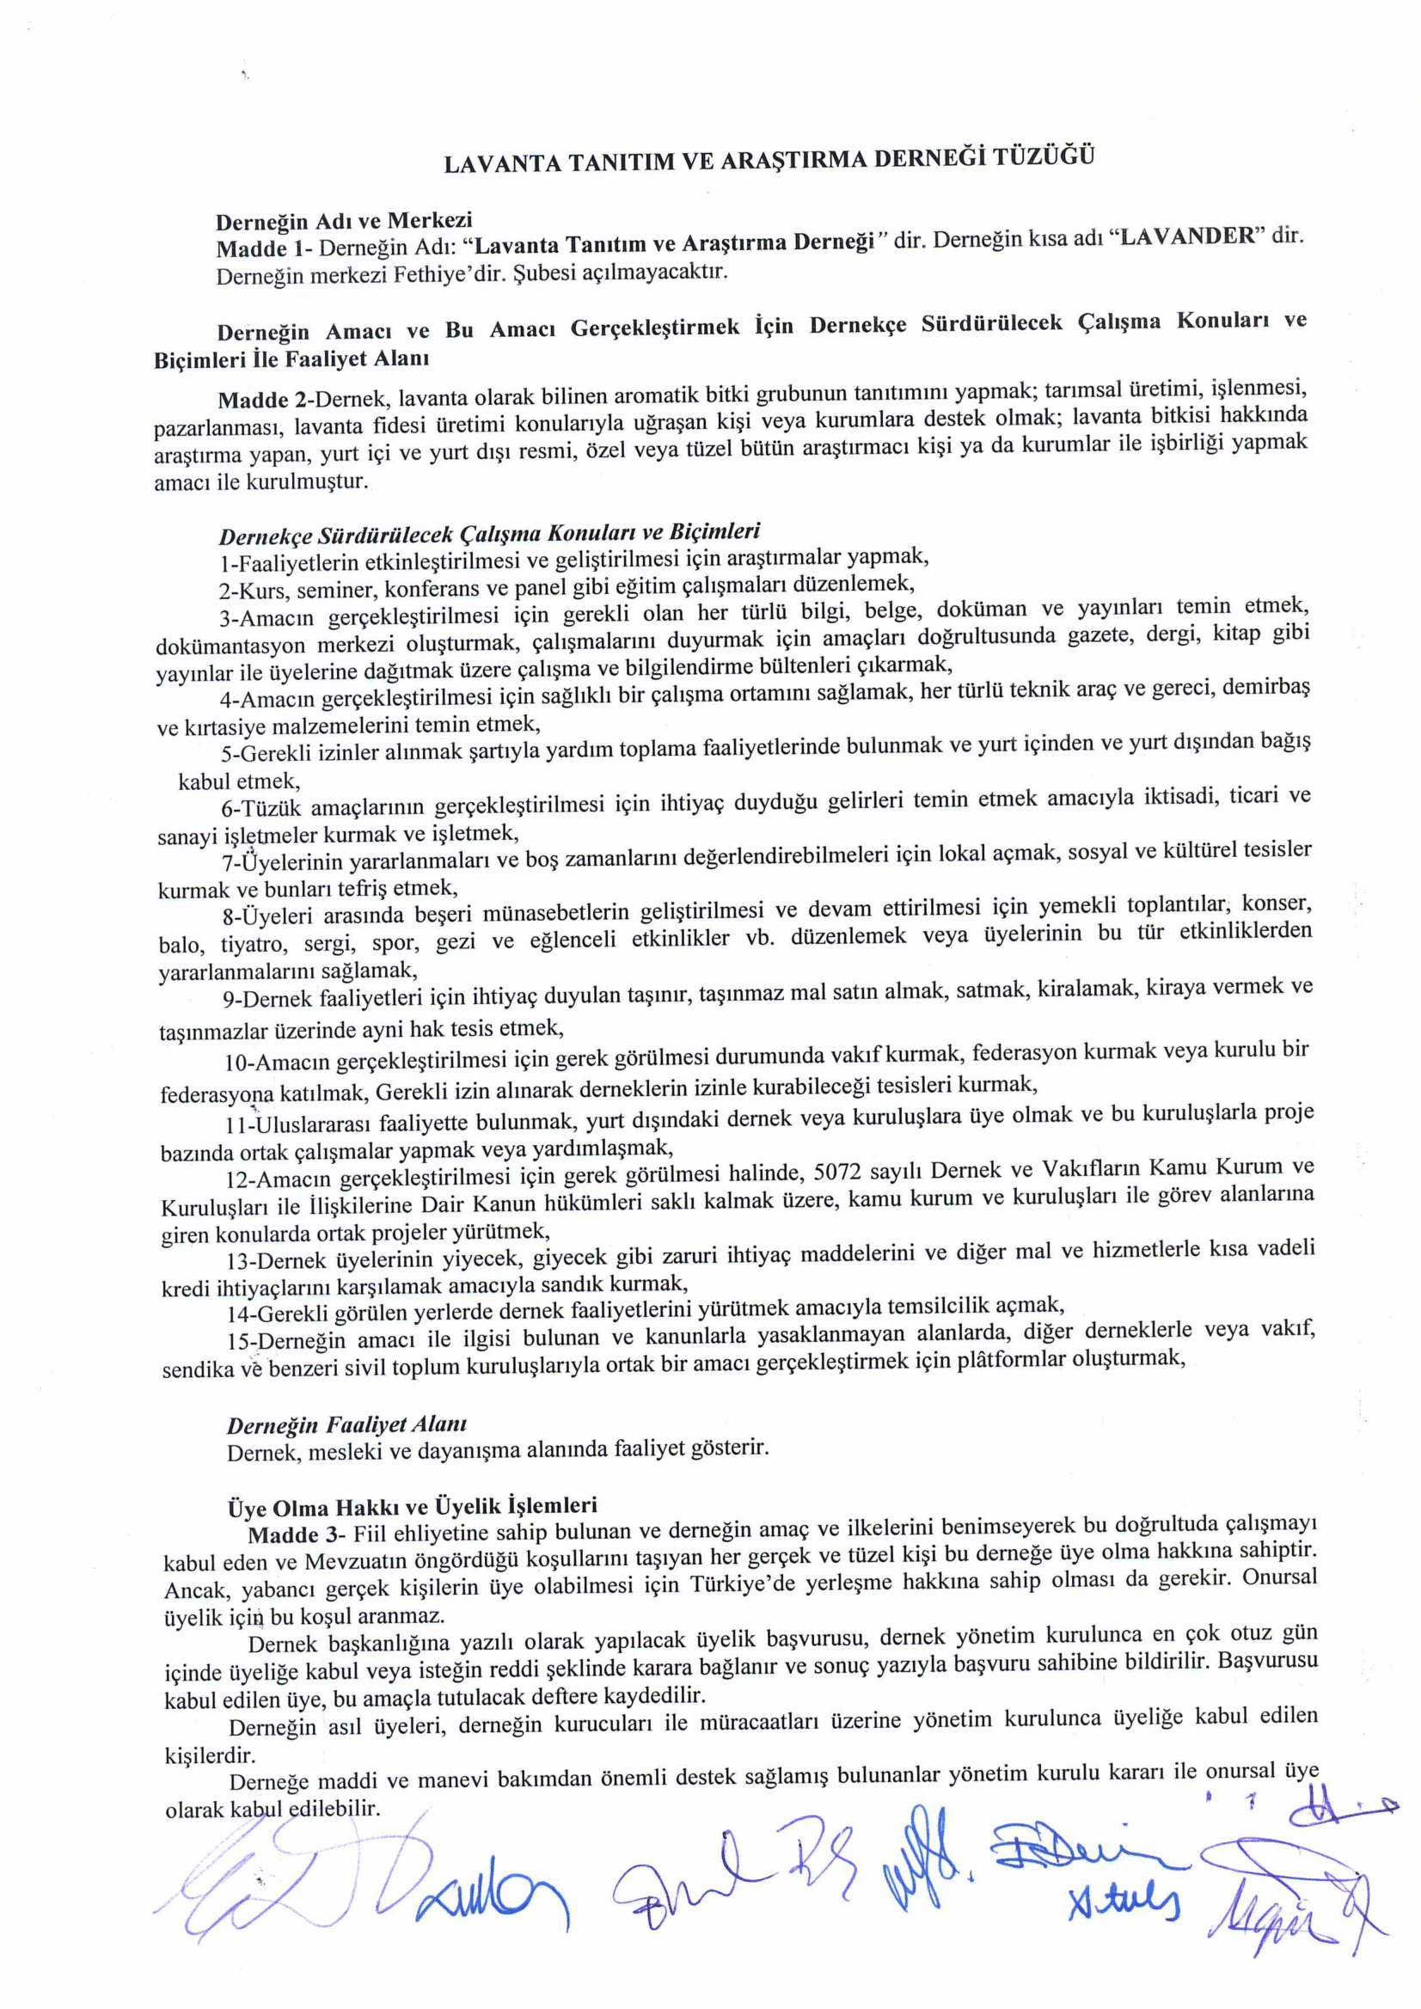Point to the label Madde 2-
[265, 400]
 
